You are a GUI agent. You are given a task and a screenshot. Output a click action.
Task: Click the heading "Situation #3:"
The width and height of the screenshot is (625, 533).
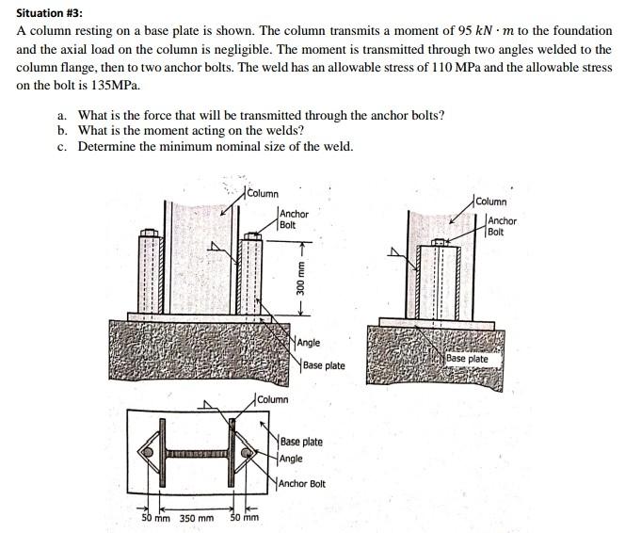(x=50, y=12)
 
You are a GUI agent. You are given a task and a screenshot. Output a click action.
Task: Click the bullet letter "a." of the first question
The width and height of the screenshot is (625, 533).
(x=62, y=115)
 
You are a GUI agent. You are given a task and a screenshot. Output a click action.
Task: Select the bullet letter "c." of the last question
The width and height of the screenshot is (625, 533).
(x=62, y=146)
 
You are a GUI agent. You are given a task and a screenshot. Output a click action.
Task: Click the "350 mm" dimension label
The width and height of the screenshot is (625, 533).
(x=196, y=518)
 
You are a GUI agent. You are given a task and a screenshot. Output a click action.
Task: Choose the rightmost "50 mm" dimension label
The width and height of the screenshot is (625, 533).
(x=244, y=518)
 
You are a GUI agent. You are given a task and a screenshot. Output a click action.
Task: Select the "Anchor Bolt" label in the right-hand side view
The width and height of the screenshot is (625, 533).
(x=502, y=226)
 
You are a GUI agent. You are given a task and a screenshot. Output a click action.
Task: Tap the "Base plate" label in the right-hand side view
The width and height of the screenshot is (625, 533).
(x=468, y=359)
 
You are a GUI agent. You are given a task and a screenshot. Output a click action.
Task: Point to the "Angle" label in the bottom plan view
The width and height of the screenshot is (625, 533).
(x=293, y=458)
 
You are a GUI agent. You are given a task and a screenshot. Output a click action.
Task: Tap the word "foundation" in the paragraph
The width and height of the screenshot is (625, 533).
(x=583, y=31)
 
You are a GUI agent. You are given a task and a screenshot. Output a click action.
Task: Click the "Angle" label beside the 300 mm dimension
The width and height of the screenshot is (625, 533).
(x=309, y=344)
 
